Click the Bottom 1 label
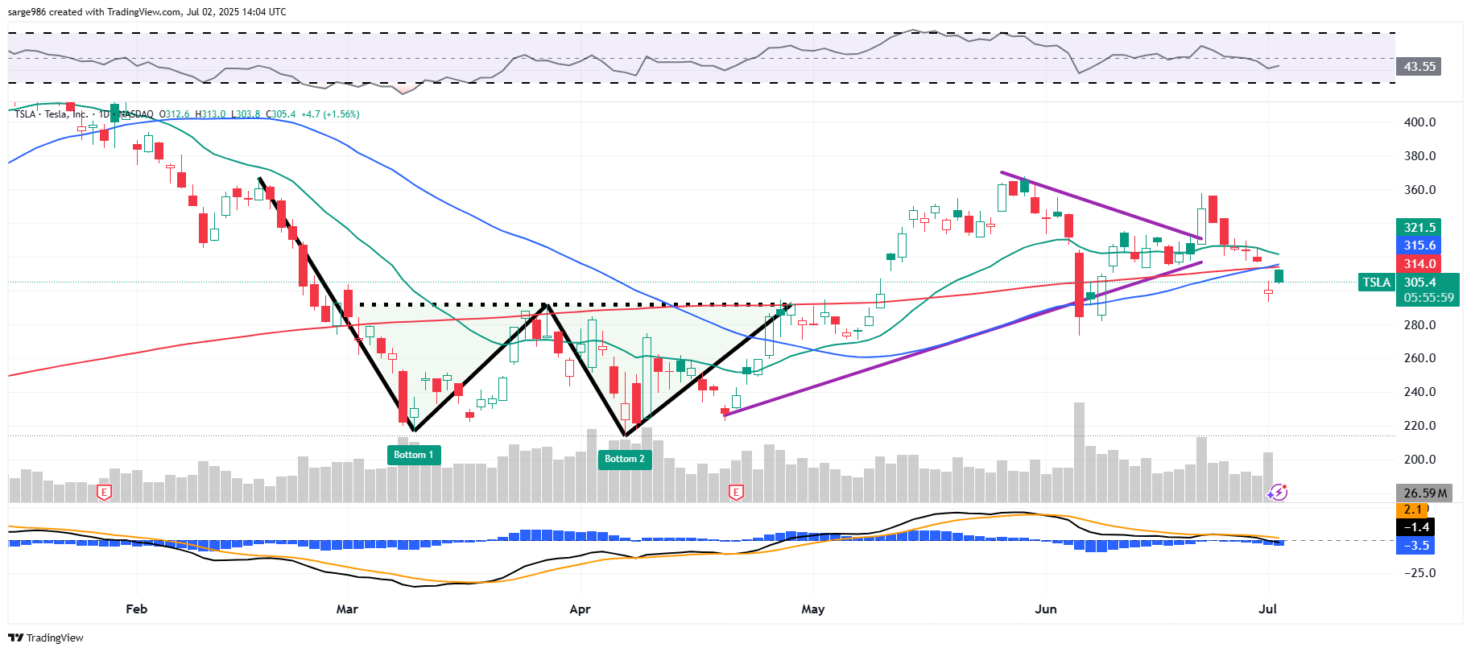point(413,455)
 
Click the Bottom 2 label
point(625,459)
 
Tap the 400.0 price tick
point(1419,122)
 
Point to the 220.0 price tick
point(1419,426)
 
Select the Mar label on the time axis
point(347,609)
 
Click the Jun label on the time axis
point(1045,609)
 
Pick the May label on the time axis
point(812,609)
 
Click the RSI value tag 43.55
point(1419,67)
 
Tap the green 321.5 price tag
point(1419,228)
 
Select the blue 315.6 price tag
point(1419,246)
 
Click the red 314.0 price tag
point(1419,264)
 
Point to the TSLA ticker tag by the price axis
point(1376,283)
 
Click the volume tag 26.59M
point(1424,493)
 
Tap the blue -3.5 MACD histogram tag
point(1416,546)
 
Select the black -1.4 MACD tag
point(1416,527)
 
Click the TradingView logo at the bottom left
point(46,638)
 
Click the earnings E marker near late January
point(104,492)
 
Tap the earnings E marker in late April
point(735,492)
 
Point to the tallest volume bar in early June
point(1079,451)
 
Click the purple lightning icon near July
point(1278,492)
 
